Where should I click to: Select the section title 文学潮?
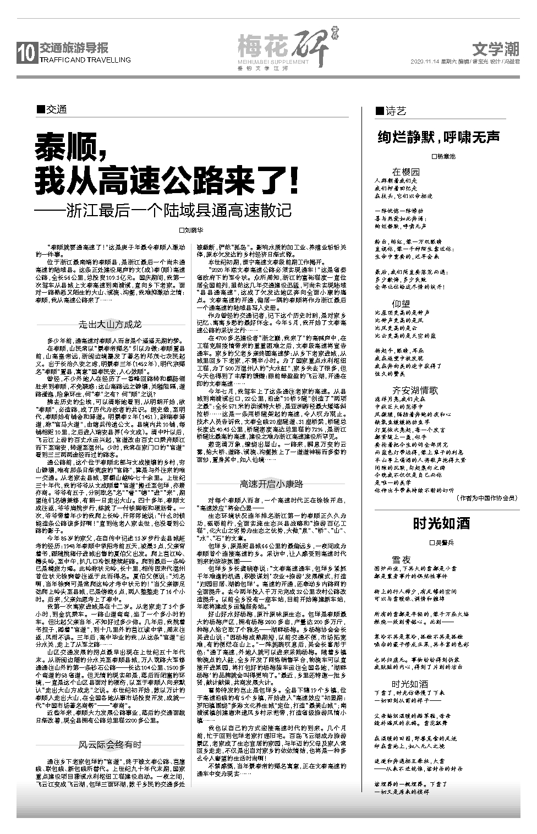pyautogui.click(x=496, y=50)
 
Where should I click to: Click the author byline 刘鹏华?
pyautogui.click(x=191, y=230)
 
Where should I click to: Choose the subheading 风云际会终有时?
pyautogui.click(x=110, y=745)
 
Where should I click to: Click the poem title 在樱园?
pyautogui.click(x=406, y=172)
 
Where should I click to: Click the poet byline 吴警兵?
pyautogui.click(x=443, y=542)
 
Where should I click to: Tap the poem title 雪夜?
pyautogui.click(x=401, y=559)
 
